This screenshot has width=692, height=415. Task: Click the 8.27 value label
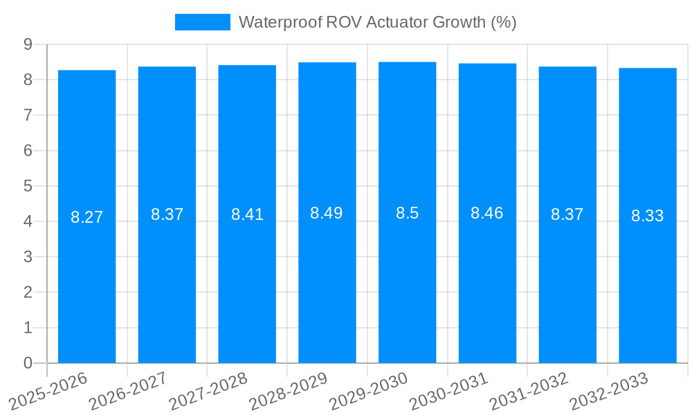(86, 217)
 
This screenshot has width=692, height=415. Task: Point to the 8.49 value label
(326, 213)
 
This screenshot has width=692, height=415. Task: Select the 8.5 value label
(407, 213)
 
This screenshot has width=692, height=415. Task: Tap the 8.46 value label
(487, 213)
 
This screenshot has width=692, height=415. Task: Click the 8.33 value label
(647, 216)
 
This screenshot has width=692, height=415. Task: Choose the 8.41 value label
(247, 214)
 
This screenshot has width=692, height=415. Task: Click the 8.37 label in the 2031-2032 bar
(567, 214)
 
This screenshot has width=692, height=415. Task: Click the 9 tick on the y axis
(28, 44)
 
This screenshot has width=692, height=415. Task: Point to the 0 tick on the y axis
(28, 363)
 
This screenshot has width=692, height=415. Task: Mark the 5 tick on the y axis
(28, 186)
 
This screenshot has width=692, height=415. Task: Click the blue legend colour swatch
(202, 22)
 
